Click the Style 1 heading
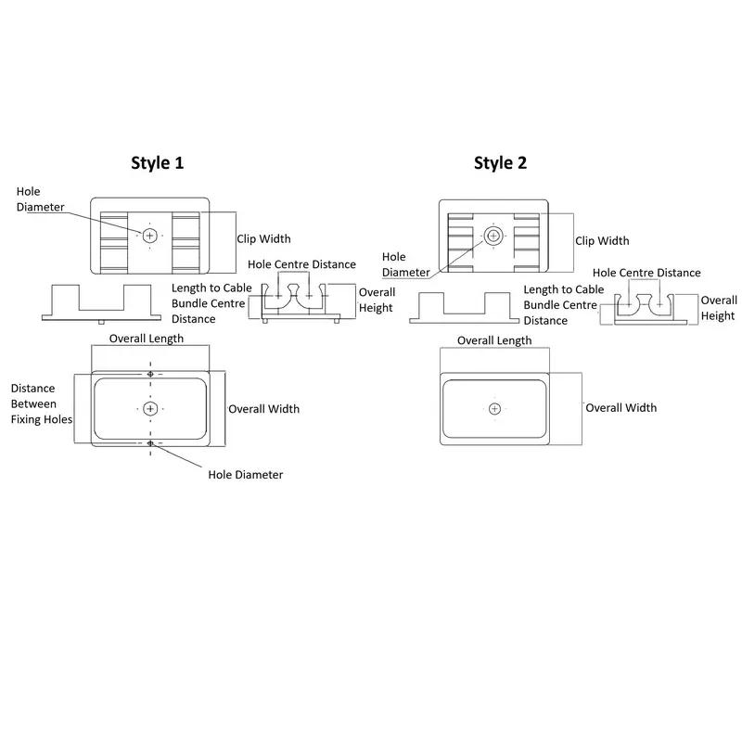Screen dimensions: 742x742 tap(157, 163)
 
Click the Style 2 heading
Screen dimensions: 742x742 tap(500, 163)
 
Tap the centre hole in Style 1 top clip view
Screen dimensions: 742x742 tap(150, 237)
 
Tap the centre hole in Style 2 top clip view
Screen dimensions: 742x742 tap(493, 236)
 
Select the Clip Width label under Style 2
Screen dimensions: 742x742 tap(602, 241)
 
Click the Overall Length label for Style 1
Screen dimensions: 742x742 tap(147, 339)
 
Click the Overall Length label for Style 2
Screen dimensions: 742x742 tap(494, 340)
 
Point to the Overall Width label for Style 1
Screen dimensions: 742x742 tap(264, 409)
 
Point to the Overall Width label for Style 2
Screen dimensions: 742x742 tap(620, 408)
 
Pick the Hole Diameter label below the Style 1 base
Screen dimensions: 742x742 tap(246, 475)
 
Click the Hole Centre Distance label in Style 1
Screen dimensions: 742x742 tap(301, 264)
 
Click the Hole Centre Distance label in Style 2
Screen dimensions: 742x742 tap(646, 273)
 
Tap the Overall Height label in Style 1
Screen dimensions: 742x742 tap(377, 300)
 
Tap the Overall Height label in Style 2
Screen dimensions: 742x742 tap(718, 308)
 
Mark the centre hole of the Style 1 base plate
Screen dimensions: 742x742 tap(150, 408)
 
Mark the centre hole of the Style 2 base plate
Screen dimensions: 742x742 tap(494, 409)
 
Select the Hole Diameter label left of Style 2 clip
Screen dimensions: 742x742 tap(406, 264)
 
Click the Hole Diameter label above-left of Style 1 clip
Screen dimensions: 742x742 tap(40, 198)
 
